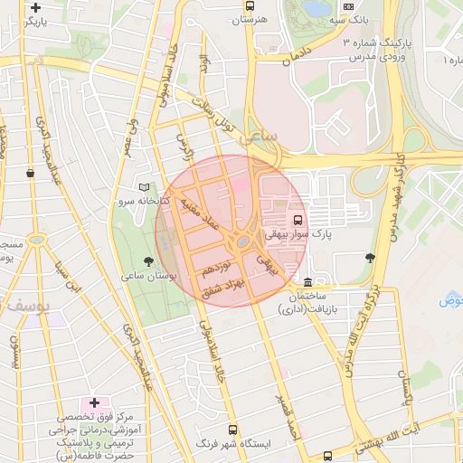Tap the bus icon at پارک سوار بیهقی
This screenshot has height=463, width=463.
pos(297,219)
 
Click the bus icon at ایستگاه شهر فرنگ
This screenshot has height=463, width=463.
pos(233,430)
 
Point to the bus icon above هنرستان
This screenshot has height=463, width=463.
pos(249,4)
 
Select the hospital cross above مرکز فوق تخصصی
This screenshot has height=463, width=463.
pos(94,402)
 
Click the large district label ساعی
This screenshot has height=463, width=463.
pos(260,134)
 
